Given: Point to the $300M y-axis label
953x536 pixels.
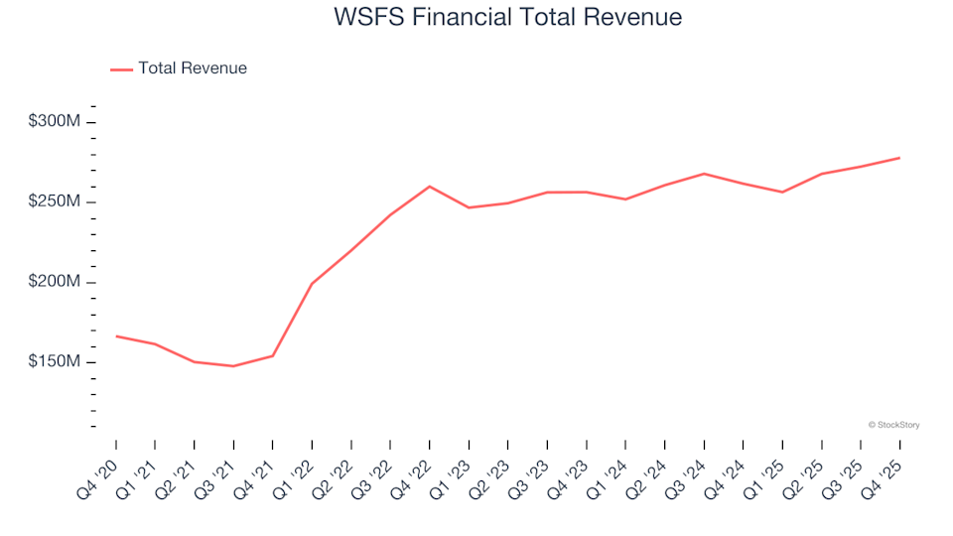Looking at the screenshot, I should (56, 121).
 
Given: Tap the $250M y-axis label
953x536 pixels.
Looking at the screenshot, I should (56, 201).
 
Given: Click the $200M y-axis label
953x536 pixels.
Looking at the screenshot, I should (56, 282).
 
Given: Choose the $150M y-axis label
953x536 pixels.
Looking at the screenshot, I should (56, 362).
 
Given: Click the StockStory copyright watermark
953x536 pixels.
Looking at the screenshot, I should (893, 425).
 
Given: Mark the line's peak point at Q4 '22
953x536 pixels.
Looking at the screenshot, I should (430, 187).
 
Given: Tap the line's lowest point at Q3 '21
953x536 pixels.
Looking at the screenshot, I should (233, 366).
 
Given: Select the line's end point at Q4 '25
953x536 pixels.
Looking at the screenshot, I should (899, 158).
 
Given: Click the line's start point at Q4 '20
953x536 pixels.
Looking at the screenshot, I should (116, 336).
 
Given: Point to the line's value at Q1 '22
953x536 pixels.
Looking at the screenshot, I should (312, 284).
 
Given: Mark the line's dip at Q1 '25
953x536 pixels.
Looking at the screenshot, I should (782, 192).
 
